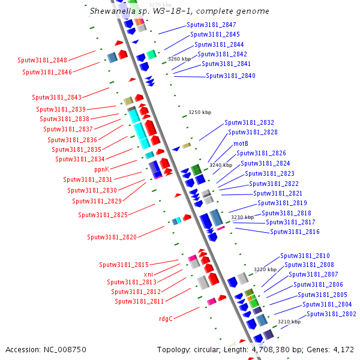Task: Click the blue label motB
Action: [241, 144]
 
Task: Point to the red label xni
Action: [148, 274]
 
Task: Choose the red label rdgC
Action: [166, 319]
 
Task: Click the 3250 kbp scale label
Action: [200, 112]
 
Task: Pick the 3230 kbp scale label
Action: [242, 217]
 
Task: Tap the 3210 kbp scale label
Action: [289, 322]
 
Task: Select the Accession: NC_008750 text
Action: [46, 349]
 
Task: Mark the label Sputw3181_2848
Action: [43, 60]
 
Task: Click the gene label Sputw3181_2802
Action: [331, 314]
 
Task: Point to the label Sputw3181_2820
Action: [112, 237]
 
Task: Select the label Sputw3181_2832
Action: [249, 122]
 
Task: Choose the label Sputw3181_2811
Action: [139, 301]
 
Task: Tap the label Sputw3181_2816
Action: [295, 232]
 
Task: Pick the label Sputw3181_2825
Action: [103, 215]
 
